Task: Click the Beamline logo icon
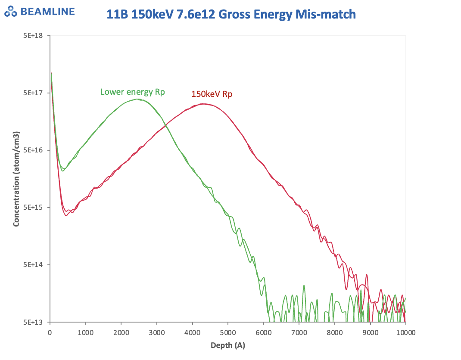tap(10, 12)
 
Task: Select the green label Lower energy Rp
tap(133, 92)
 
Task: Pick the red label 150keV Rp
tap(212, 94)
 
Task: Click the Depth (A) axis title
tap(227, 345)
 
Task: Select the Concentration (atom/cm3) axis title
tap(16, 179)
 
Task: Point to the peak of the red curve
tap(202, 104)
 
